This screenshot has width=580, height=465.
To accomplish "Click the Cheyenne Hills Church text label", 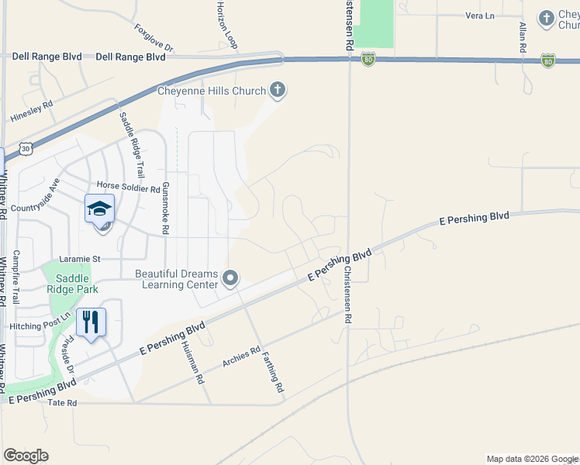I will tap(212, 91).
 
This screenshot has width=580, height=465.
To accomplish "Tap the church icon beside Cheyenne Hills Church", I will tap(278, 91).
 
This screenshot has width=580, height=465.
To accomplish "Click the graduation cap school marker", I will tap(99, 209).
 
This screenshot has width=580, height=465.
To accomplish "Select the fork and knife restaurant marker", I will tap(91, 321).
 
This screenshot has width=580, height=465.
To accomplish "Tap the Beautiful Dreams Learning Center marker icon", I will tap(230, 277).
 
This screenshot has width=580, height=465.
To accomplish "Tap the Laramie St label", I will tap(81, 258).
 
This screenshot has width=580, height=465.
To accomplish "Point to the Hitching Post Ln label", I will tap(36, 326).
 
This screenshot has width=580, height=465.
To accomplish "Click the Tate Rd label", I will tap(63, 403).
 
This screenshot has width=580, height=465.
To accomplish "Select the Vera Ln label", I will tap(479, 15).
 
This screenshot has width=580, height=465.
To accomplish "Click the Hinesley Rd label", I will tap(32, 112).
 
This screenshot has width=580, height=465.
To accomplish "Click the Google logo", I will tap(26, 456).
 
